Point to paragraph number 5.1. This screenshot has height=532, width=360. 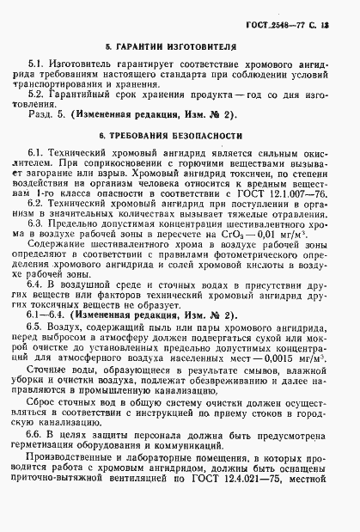point(38,64)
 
